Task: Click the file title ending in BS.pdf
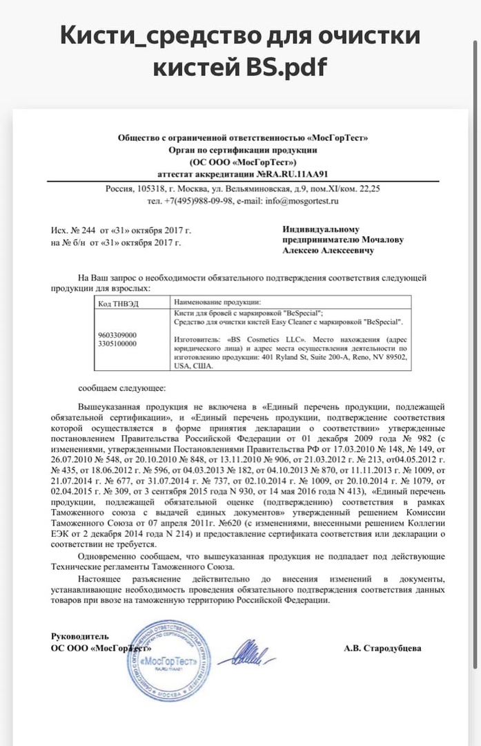click(x=240, y=50)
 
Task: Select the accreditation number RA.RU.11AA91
click(x=286, y=175)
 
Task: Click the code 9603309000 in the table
click(x=118, y=335)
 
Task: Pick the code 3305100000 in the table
click(x=118, y=343)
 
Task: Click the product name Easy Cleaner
click(x=303, y=322)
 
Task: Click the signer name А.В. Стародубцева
click(x=382, y=649)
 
